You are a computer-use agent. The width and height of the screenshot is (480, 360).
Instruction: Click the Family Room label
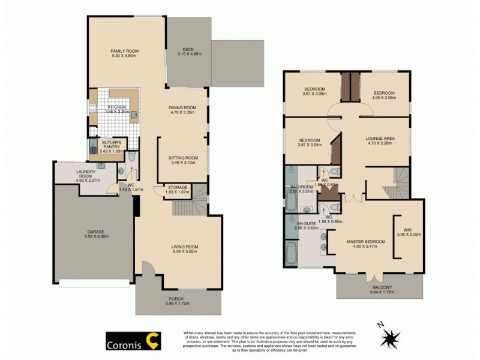coord(124,51)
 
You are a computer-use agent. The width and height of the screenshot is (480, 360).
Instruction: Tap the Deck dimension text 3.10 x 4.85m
coord(190,55)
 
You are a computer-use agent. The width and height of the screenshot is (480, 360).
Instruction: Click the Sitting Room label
coord(184,158)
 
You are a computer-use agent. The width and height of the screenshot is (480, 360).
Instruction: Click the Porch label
coord(176,298)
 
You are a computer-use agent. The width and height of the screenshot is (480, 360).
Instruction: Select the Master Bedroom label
coord(365,241)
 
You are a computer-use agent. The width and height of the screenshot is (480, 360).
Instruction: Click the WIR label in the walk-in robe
coord(408,229)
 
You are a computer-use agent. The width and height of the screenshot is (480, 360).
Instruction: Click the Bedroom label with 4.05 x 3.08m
coord(384,93)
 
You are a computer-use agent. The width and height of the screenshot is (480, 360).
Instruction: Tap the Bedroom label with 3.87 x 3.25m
coord(310,139)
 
